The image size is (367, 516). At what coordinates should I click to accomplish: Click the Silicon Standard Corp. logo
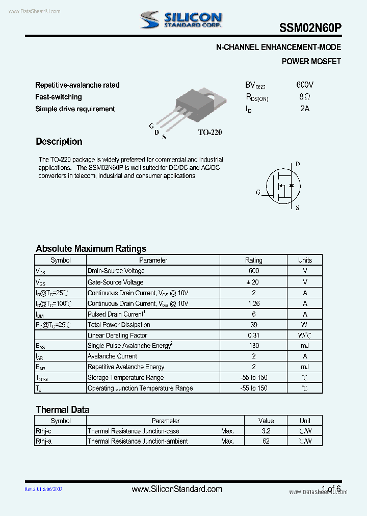point(181,20)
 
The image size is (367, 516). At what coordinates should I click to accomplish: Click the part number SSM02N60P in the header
point(310,29)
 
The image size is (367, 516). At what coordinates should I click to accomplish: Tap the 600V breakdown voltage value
point(305,85)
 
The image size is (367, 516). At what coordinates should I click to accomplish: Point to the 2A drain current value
point(305,108)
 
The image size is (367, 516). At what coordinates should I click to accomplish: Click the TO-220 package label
point(210,132)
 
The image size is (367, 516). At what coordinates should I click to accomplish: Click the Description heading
point(59,142)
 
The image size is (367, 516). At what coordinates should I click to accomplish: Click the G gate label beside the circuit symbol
point(258,192)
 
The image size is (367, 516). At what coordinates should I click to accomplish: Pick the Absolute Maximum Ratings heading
point(91,249)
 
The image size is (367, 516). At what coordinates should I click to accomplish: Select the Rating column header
point(254,260)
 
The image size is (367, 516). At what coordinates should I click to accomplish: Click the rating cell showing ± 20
point(254,282)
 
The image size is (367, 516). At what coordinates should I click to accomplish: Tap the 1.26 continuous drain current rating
point(254,303)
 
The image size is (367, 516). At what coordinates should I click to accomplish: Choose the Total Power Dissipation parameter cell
point(119,325)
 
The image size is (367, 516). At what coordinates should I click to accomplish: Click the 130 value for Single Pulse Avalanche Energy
point(254,346)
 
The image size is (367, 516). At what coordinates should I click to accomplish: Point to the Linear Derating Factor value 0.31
point(254,336)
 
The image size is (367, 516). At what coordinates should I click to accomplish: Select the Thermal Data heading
point(62,410)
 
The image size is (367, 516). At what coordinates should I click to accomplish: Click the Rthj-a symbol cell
point(43,441)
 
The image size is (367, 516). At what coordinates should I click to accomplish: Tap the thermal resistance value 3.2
point(266,431)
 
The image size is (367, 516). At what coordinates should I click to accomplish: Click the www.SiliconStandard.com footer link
point(177,489)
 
